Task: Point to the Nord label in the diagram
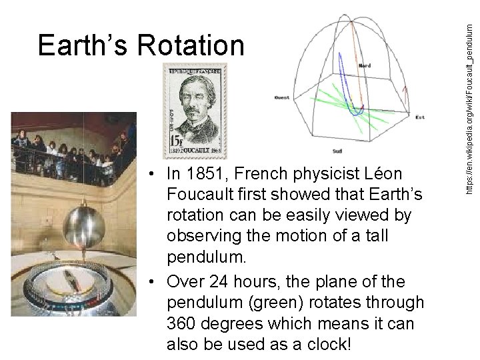coord(365,66)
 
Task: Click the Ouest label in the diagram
coord(283,97)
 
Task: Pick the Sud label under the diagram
coord(337,151)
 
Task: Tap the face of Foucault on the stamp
coord(201,103)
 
